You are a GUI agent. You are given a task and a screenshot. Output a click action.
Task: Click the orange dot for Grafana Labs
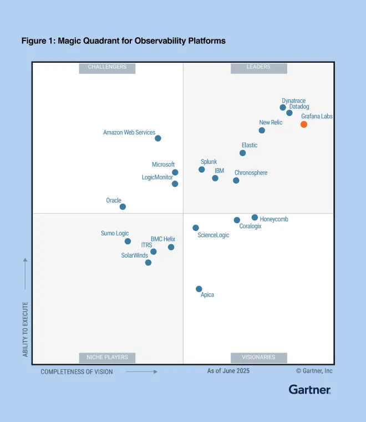click(304, 124)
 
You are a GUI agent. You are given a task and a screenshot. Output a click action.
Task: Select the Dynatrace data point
click(283, 108)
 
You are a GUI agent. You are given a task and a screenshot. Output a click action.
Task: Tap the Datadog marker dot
click(289, 113)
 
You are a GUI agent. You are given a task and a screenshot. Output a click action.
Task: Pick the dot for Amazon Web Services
click(158, 138)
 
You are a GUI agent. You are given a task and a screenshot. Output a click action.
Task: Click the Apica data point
click(199, 289)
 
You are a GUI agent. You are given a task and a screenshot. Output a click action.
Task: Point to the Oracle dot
click(123, 207)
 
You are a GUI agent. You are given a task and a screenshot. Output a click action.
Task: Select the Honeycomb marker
click(255, 218)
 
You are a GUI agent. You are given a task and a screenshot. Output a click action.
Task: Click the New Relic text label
click(271, 123)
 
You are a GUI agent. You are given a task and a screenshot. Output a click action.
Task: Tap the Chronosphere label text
click(251, 173)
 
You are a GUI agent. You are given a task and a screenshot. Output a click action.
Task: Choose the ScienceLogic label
click(213, 235)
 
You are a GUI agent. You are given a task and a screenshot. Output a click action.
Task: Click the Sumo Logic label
click(115, 234)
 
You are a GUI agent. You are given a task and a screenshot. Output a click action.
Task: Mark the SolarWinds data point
click(148, 263)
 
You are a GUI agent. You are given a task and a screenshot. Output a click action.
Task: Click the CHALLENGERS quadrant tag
click(107, 67)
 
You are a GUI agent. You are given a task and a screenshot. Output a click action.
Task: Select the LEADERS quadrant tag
click(258, 67)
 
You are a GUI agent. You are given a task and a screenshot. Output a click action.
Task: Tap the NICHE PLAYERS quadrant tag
click(107, 357)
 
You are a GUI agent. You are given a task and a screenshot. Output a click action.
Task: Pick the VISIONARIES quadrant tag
click(258, 357)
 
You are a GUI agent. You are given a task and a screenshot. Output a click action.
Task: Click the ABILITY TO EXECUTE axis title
click(26, 329)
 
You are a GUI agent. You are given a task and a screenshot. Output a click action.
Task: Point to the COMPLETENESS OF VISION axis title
click(77, 372)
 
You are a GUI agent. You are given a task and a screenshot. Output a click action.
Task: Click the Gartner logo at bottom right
click(309, 390)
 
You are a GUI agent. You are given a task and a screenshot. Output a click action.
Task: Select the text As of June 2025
click(228, 371)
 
